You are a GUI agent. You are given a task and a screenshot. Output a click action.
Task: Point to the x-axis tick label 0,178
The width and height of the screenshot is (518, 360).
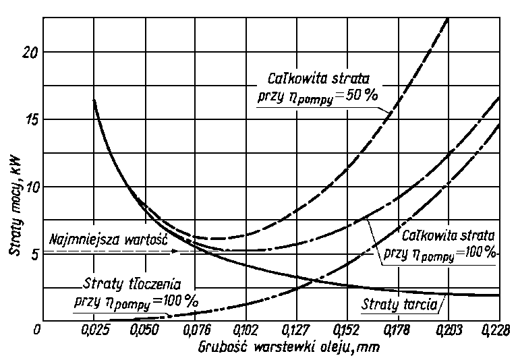click(x=398, y=330)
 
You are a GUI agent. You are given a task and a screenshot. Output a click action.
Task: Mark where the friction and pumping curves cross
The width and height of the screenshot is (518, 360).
click(x=307, y=281)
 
